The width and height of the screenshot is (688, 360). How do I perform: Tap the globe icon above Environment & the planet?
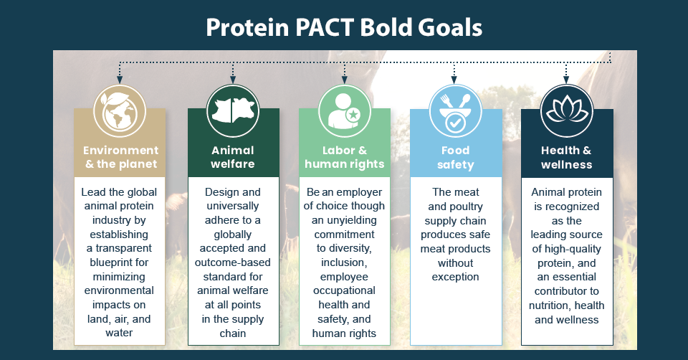click(120, 111)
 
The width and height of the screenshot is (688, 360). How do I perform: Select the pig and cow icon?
click(232, 111)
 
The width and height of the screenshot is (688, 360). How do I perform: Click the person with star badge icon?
click(344, 111)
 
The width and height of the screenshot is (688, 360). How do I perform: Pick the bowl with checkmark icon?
click(455, 111)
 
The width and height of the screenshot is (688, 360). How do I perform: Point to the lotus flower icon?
click(566, 111)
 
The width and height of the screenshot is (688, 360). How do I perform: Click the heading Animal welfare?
click(233, 157)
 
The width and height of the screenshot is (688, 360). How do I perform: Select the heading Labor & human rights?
click(344, 157)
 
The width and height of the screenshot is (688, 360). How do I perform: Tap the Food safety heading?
click(456, 157)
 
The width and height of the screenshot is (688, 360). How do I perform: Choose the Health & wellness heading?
click(566, 157)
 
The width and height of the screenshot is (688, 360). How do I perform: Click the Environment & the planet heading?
click(120, 157)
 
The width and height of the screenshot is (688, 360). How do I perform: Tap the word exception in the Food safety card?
click(456, 277)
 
